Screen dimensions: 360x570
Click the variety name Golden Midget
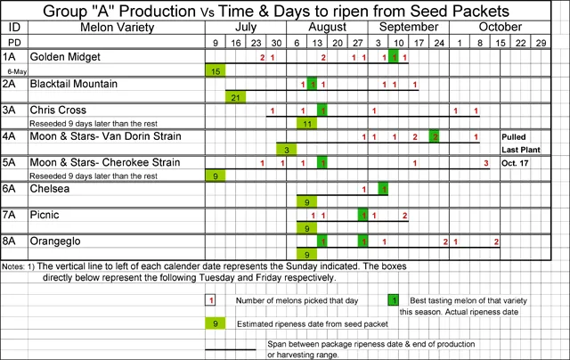coord(65,57)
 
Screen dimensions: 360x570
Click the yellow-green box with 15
coord(216,70)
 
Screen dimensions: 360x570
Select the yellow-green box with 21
coord(236,97)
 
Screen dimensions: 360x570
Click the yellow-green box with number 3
coord(287,150)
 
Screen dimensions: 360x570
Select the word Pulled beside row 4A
coord(517,136)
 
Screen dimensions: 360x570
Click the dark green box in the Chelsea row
coord(384,189)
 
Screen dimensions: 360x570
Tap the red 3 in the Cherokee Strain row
coord(486,163)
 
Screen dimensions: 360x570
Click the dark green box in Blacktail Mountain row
coord(313,84)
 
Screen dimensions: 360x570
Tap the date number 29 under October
coord(541,43)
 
